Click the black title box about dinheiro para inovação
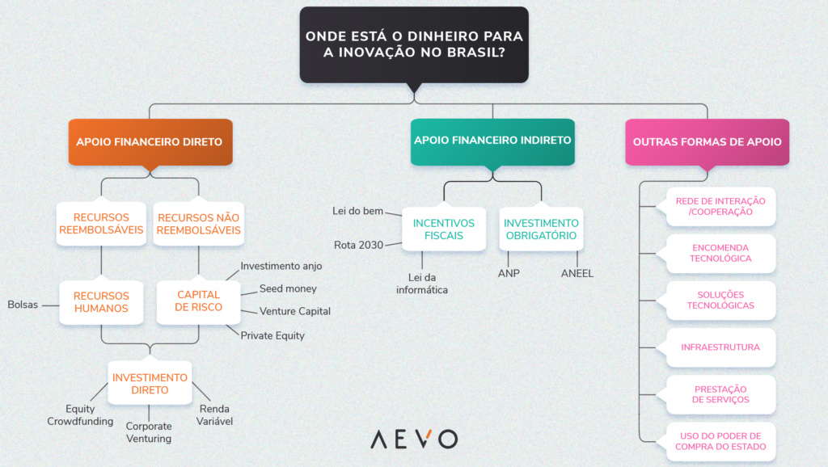(413, 45)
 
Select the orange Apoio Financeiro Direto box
(150, 141)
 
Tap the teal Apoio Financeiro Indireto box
(492, 141)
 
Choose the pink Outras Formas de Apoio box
(707, 141)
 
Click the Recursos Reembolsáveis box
(101, 224)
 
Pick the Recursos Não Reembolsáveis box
(198, 224)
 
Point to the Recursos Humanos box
(101, 301)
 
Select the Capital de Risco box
(199, 301)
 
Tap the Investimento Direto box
(150, 383)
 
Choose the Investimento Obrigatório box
(541, 229)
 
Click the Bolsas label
(23, 305)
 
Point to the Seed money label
(288, 289)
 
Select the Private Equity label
(272, 335)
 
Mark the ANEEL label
(577, 274)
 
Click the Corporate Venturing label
(149, 432)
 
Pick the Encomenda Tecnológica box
(720, 253)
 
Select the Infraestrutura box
(720, 347)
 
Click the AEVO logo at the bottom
(413, 440)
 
